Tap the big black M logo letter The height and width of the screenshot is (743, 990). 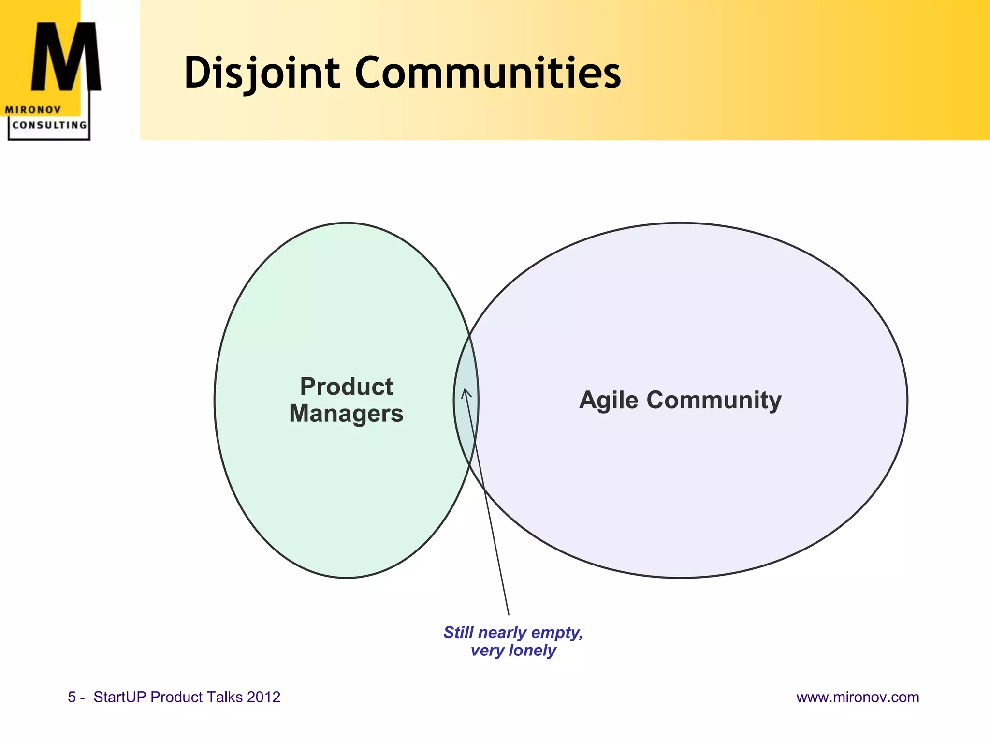(x=66, y=58)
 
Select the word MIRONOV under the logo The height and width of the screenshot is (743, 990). (x=33, y=110)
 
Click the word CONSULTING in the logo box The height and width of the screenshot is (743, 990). (x=49, y=125)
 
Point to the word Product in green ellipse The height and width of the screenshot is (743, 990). (x=346, y=386)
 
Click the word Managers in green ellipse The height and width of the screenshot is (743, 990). (x=346, y=414)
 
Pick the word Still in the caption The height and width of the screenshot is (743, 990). (x=458, y=632)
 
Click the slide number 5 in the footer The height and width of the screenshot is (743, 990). (x=72, y=697)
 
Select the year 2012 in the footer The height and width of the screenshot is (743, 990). (x=263, y=697)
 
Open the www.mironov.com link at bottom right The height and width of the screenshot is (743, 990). (x=858, y=697)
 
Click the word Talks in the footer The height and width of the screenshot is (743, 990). (x=224, y=697)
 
